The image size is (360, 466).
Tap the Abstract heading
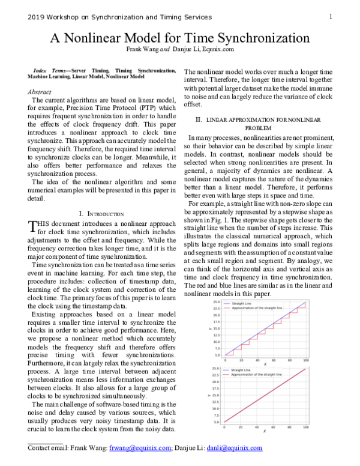pos(40,92)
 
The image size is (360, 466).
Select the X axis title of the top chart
pos(265,364)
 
